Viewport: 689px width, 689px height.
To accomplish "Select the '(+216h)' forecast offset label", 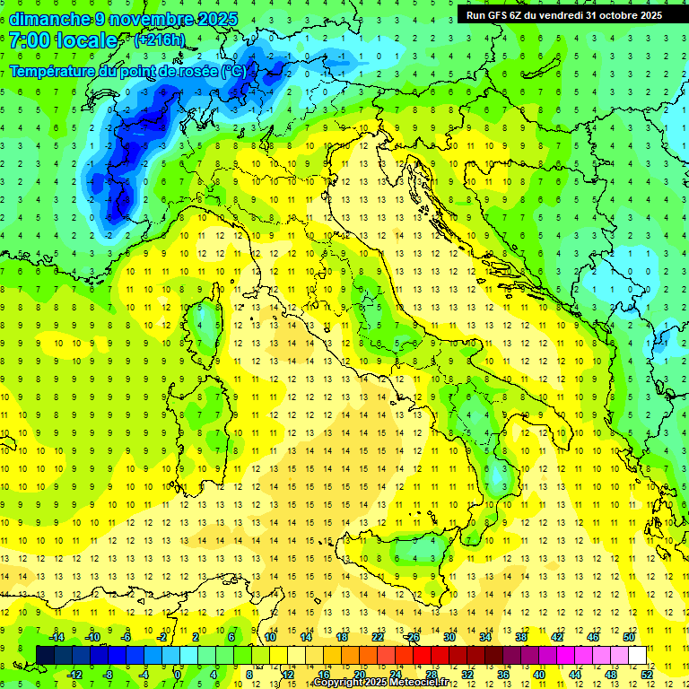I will (161, 40).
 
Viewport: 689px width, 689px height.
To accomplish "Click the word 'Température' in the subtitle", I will (53, 71).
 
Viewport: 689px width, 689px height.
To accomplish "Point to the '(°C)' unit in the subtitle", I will (233, 71).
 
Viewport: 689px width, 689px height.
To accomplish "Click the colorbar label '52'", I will (647, 675).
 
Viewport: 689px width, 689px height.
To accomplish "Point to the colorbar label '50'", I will (629, 636).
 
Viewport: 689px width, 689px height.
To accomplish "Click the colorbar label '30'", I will (449, 636).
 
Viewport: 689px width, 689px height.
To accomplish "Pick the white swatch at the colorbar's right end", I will (638, 655).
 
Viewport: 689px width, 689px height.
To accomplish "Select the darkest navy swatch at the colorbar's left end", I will (46, 655).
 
